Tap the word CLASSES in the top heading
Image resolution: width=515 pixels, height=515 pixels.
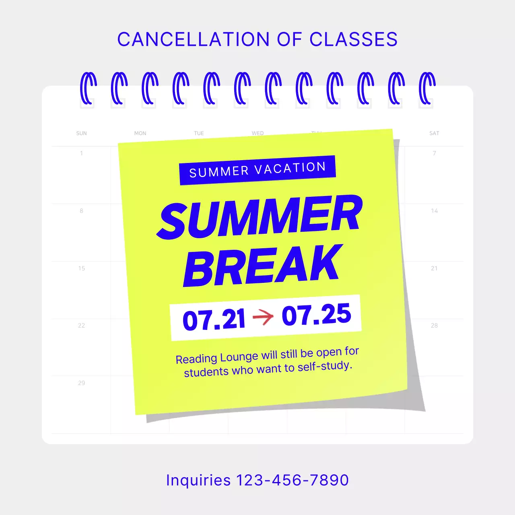point(353,39)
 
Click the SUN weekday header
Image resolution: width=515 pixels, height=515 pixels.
point(81,133)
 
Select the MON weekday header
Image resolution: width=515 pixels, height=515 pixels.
point(140,133)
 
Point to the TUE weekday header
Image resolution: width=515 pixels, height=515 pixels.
point(199,133)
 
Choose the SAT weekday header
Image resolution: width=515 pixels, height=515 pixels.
point(434,133)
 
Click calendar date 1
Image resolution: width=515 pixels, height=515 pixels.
point(81,153)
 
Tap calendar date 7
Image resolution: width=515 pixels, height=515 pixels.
point(434,153)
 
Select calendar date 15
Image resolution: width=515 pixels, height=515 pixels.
point(81,268)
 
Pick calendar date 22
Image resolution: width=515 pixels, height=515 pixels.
point(81,325)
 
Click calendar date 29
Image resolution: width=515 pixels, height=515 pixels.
point(81,383)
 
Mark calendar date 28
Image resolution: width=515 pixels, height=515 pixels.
point(434,325)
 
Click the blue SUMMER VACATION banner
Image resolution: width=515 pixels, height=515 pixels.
point(257,170)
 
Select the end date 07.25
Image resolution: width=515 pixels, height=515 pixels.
point(316,315)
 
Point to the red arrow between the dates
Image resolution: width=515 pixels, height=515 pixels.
point(263,317)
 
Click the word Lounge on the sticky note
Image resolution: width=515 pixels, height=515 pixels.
point(239,357)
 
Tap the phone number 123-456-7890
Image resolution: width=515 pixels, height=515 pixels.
point(292,480)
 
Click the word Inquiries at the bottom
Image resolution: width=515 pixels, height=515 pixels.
point(198,480)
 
